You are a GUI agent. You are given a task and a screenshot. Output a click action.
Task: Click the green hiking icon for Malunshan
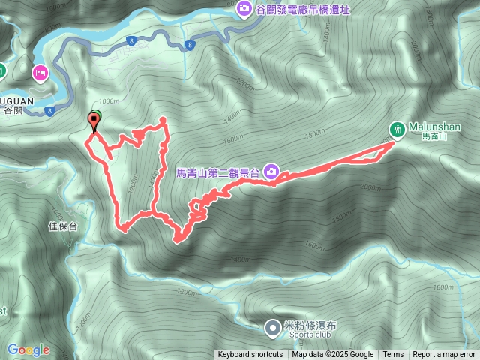pyautogui.click(x=397, y=128)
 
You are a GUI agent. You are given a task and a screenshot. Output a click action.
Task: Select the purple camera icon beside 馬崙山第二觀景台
pyautogui.click(x=271, y=172)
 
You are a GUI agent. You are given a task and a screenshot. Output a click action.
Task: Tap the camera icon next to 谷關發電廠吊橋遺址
pyautogui.click(x=243, y=8)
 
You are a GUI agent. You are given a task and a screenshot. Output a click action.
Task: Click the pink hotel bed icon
pyautogui.click(x=40, y=72)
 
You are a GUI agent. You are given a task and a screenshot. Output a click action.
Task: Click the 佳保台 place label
pyautogui.click(x=62, y=226)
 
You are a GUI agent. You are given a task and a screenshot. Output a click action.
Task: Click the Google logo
pyautogui.click(x=28, y=349)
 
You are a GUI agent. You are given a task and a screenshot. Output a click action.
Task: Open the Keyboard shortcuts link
pyautogui.click(x=250, y=355)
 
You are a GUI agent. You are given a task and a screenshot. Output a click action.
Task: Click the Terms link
pyautogui.click(x=393, y=355)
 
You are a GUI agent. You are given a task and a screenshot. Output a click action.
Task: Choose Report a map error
pyautogui.click(x=444, y=355)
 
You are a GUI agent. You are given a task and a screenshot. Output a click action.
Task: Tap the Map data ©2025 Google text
pyautogui.click(x=332, y=355)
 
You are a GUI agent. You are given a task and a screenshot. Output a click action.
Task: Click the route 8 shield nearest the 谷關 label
pyautogui.click(x=49, y=111)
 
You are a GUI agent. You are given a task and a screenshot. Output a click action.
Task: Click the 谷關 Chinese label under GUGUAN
pyautogui.click(x=13, y=110)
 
